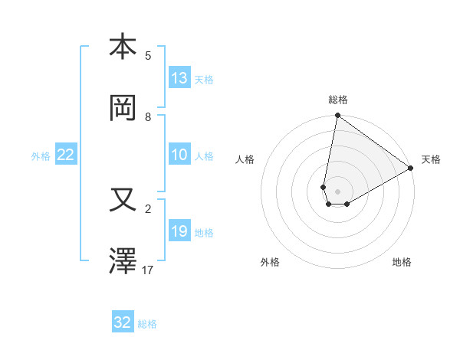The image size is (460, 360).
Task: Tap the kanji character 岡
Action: pos(123,109)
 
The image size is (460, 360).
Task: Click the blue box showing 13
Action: pos(179,78)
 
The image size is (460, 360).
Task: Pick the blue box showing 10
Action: pos(179,155)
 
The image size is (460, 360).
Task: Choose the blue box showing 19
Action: pos(179,231)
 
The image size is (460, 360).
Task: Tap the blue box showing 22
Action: pos(66,155)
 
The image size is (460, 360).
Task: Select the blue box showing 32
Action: pos(123,322)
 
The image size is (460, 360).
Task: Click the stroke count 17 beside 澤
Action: pos(148,270)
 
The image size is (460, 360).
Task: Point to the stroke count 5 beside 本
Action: pos(148,55)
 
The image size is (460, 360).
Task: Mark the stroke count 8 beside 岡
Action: pos(148,117)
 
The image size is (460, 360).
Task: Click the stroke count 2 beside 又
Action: pos(148,208)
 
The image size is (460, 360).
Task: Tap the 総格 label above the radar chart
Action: pos(338,100)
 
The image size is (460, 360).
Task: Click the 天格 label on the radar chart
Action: pos(431,159)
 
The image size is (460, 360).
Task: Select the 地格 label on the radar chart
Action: pos(402,262)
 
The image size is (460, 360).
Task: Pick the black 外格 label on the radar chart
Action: pos(270,262)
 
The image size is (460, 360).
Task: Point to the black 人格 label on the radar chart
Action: pos(245,159)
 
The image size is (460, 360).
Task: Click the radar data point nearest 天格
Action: pos(411,168)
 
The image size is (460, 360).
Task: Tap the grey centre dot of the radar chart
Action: pos(338,191)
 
